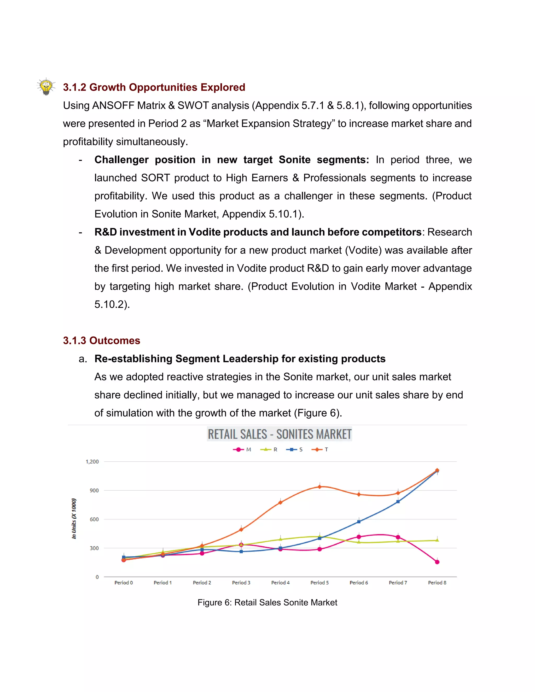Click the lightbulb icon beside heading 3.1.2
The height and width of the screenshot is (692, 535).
46,86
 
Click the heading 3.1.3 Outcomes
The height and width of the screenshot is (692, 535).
101,340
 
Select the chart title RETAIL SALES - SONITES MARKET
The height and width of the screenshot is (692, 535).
279,434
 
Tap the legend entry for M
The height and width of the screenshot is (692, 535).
242,450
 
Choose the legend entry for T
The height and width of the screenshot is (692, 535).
320,450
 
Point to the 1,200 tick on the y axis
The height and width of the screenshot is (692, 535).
92,462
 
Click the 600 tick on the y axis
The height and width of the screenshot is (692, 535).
94,519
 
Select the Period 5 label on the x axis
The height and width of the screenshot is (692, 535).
319,583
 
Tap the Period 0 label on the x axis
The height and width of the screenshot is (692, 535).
124,583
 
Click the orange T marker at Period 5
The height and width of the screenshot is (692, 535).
319,487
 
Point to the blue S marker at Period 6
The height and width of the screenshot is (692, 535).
359,521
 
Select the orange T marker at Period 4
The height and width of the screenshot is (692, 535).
280,502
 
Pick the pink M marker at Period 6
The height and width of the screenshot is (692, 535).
359,537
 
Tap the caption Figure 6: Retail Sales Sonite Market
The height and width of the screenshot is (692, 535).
267,602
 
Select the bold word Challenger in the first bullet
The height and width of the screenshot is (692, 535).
121,160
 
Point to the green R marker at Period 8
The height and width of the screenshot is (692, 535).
437,540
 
